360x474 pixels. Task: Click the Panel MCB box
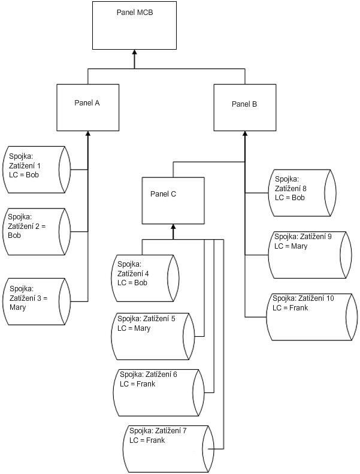[135, 25]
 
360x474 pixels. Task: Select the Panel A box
[87, 107]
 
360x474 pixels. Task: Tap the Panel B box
[244, 107]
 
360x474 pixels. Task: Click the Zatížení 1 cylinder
[37, 169]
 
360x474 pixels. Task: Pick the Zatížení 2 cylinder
[37, 231]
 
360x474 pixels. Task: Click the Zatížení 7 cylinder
[170, 448]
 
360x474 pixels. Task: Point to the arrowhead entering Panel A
[88, 134]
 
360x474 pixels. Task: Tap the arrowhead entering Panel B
[244, 134]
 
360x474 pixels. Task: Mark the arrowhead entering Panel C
[173, 227]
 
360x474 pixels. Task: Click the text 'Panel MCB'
[135, 11]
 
